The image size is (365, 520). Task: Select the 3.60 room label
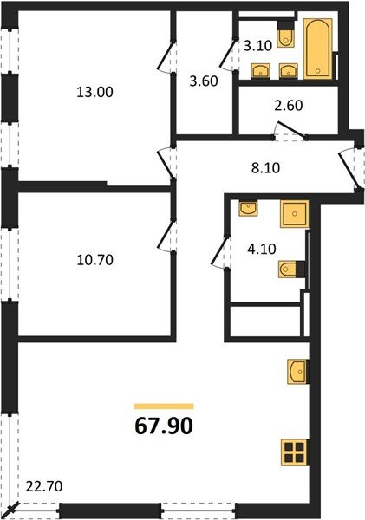(205, 82)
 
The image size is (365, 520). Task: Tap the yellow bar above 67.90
(164, 405)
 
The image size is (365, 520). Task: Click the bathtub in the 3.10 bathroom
(316, 49)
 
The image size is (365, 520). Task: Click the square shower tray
(294, 213)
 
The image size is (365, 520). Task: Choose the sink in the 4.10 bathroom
(247, 208)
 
